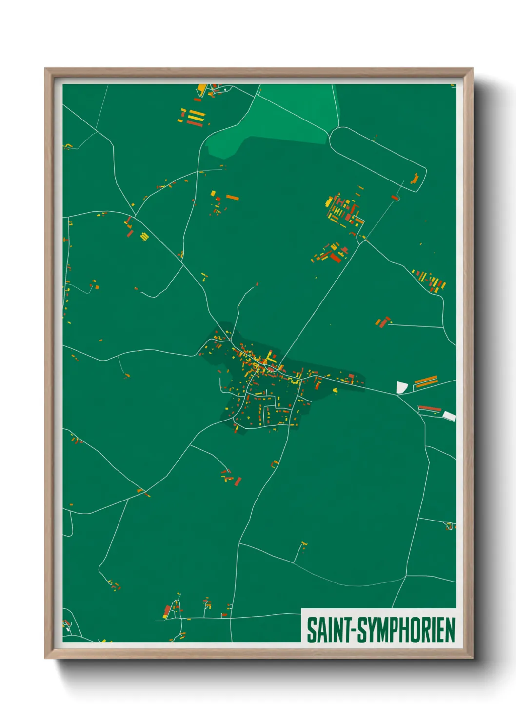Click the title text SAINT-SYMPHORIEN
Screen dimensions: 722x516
coord(380,630)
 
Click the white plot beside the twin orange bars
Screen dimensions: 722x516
coord(401,387)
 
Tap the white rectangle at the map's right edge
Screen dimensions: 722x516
coord(449,416)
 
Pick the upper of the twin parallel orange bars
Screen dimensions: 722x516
coord(425,379)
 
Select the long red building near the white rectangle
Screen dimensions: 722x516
coord(430,408)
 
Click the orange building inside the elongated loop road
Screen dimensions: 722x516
coord(415,179)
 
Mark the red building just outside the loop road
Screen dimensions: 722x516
coord(395,198)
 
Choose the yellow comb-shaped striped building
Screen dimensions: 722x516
coord(144,237)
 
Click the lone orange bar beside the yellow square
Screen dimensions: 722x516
coord(233,198)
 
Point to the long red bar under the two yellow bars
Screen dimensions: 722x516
coord(195,124)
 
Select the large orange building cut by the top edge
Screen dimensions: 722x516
coord(202,89)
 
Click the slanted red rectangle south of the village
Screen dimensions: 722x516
coord(238,481)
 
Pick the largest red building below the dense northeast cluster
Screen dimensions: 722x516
coord(336,257)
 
